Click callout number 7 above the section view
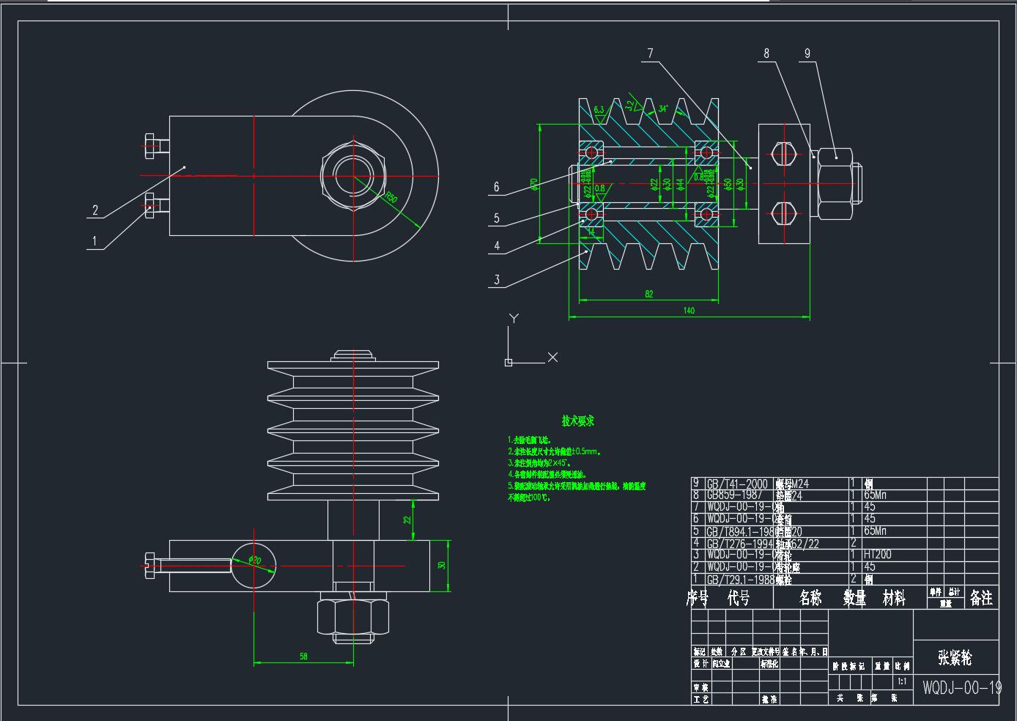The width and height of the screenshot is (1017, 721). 650,53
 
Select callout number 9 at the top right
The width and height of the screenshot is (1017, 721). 807,53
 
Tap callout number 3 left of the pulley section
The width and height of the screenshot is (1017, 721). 497,280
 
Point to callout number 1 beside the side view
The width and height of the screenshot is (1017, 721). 94,240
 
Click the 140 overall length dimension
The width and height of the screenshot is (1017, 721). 689,311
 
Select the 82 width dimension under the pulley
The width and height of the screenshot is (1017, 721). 649,294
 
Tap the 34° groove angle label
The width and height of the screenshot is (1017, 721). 662,108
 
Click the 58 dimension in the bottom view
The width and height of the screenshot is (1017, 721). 303,657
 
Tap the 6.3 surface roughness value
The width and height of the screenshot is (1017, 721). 599,110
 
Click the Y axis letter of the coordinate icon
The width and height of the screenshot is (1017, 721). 514,319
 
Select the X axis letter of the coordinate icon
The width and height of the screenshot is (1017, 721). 552,358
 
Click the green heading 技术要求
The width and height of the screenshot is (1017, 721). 578,421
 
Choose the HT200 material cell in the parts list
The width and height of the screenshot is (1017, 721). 878,555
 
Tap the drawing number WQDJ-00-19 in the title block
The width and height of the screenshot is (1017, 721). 962,687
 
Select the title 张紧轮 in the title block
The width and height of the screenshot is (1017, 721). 955,657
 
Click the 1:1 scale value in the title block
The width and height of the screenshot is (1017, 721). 902,681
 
